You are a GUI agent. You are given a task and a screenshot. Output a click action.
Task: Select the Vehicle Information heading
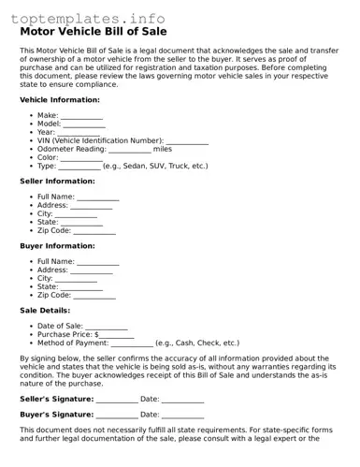pyautogui.click(x=59, y=99)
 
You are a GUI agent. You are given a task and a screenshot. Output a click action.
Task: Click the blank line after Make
pyautogui.click(x=82, y=117)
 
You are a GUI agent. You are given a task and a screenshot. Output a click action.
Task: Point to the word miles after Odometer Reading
pyautogui.click(x=163, y=148)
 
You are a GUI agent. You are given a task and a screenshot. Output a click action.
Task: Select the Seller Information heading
pyautogui.click(x=57, y=181)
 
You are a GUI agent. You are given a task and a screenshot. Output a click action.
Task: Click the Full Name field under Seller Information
pyautogui.click(x=97, y=198)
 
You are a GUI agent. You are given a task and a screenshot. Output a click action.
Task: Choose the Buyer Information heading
pyautogui.click(x=57, y=245)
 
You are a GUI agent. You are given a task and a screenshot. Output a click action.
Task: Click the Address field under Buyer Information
pyautogui.click(x=92, y=270)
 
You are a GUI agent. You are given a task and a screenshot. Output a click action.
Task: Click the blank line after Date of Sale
pyautogui.click(x=107, y=328)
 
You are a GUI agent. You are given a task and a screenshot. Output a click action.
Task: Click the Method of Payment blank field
pyautogui.click(x=132, y=344)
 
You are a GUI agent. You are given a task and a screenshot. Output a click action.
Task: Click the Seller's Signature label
pyautogui.click(x=56, y=399)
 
